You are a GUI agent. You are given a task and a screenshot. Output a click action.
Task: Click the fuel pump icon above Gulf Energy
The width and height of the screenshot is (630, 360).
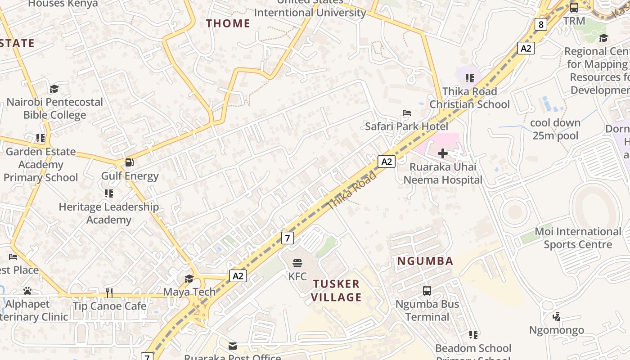click(x=129, y=162)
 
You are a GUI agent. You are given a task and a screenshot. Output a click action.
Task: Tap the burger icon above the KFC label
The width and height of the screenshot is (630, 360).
click(x=297, y=263)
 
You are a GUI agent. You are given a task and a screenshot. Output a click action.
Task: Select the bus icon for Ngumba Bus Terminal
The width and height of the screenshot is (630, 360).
click(x=427, y=291)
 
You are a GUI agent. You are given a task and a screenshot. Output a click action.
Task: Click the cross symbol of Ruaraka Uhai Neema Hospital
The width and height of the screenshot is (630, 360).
click(x=442, y=153)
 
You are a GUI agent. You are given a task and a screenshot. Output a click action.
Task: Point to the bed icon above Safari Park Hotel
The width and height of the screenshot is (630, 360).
click(x=407, y=113)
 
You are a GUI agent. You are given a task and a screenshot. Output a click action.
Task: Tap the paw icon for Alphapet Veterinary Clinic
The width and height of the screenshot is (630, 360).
click(x=27, y=291)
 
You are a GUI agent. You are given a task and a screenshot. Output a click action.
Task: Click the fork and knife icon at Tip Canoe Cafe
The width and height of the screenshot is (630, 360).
click(x=109, y=293)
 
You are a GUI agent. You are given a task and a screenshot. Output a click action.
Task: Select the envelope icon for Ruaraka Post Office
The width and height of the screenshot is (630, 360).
click(x=233, y=346)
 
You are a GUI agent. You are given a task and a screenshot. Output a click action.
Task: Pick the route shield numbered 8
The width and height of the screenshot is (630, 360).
click(x=541, y=24)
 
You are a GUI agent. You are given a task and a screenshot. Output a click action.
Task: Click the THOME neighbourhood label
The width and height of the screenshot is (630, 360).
click(x=228, y=23)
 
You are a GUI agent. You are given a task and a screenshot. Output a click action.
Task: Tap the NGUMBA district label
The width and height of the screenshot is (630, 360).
click(x=425, y=261)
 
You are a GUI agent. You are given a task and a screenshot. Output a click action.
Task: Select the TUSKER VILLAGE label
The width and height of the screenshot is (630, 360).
click(x=337, y=291)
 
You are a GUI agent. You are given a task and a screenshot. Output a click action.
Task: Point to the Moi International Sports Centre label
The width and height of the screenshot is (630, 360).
click(x=578, y=238)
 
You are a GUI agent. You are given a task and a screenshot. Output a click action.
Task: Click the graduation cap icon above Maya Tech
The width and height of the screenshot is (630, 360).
click(x=189, y=279)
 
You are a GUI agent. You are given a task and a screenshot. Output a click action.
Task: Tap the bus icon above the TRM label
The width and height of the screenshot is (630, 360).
click(x=574, y=8)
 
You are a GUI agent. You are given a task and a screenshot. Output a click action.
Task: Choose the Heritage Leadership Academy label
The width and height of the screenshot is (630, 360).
click(x=109, y=213)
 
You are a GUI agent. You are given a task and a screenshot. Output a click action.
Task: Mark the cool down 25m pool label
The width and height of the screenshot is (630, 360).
click(x=555, y=129)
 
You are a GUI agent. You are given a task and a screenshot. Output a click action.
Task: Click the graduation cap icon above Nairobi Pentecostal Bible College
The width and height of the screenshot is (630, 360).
click(x=54, y=89)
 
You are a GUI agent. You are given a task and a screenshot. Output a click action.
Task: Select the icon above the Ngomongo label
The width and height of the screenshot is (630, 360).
click(x=557, y=317)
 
